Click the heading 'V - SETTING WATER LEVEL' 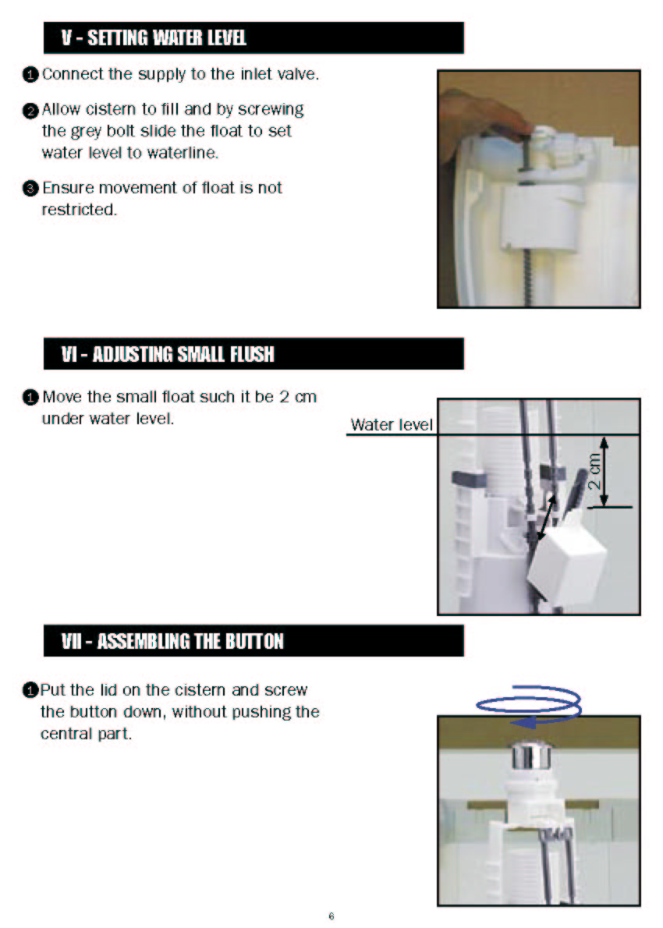tap(154, 38)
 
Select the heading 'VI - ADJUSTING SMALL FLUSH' tap(168, 354)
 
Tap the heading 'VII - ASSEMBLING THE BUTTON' tap(172, 641)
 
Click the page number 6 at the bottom tap(331, 916)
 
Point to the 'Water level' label tap(392, 424)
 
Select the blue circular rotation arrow tap(529, 706)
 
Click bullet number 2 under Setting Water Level tap(30, 111)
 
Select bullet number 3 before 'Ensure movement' tap(30, 189)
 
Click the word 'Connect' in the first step tap(73, 74)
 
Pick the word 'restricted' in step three tap(78, 210)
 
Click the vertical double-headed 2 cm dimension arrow tap(604, 472)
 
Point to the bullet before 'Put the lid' tap(30, 690)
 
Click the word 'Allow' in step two tap(61, 109)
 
